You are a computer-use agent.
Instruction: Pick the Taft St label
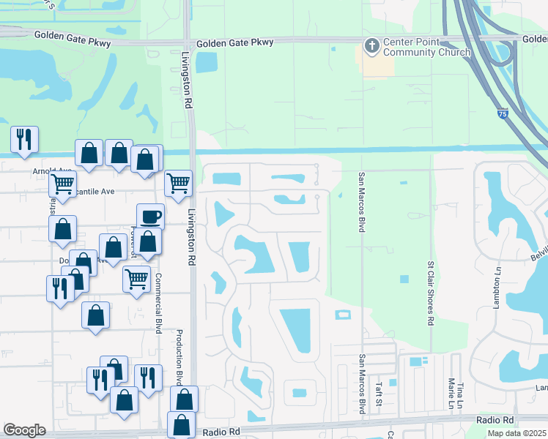[379, 394]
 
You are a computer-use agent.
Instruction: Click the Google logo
[24, 430]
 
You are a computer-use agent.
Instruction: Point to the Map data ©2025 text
[517, 433]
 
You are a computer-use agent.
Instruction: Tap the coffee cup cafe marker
[150, 217]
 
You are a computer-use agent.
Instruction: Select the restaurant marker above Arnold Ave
[24, 138]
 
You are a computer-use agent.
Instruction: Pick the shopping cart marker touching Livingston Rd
[178, 183]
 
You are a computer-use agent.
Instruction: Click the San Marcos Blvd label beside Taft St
[362, 384]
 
